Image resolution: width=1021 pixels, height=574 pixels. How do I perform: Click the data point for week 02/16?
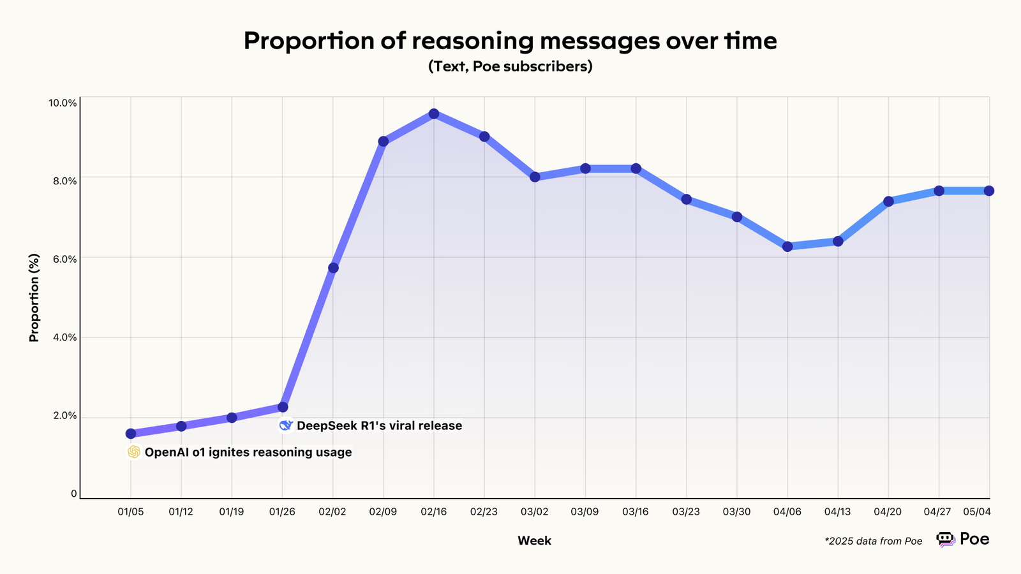(434, 114)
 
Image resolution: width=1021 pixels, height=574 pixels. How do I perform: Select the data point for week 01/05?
(131, 434)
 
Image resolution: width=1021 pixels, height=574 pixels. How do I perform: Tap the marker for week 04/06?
(787, 246)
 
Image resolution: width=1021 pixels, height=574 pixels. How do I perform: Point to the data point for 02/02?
(333, 268)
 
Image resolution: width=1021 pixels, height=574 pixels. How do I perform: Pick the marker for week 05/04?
(989, 191)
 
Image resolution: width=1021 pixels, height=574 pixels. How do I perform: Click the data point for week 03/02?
(535, 177)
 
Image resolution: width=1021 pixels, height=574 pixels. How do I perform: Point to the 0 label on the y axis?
(74, 494)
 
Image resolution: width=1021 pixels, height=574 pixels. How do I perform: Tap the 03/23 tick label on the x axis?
(686, 512)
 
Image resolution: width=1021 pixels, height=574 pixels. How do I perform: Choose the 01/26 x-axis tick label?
(282, 512)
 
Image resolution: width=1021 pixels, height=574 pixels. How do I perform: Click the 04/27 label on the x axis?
(938, 512)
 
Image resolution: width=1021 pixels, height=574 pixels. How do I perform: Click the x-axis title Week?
(534, 541)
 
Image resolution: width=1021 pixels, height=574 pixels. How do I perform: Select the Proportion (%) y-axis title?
(34, 297)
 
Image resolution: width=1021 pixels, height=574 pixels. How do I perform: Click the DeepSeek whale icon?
(286, 425)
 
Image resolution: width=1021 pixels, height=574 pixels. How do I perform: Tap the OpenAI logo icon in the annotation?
(134, 452)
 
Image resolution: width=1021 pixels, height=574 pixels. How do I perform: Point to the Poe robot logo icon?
(946, 539)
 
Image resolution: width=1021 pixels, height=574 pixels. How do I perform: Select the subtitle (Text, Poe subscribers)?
(511, 66)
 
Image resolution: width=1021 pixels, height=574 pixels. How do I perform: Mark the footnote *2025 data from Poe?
(873, 541)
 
